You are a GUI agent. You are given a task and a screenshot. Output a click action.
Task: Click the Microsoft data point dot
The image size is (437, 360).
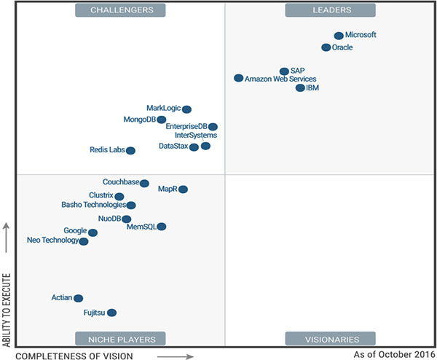coord(339,36)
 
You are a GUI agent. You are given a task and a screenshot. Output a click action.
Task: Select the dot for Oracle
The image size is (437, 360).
coord(326,47)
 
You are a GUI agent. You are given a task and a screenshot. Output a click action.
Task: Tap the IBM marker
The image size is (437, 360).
coord(300,88)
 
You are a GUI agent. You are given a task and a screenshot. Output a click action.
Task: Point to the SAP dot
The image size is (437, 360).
coord(284,71)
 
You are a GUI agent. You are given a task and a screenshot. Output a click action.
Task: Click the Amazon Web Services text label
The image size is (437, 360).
coord(280,79)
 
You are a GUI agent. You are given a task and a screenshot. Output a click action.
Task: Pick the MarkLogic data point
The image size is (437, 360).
coord(186,109)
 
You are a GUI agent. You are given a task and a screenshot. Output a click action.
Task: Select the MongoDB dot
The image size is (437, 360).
coord(162,120)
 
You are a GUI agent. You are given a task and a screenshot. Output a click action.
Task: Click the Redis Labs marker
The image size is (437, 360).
coord(130,151)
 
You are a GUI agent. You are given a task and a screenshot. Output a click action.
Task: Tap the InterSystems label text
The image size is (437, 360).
coord(195,135)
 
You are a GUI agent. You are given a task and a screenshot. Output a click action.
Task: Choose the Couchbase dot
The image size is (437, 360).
coord(144,184)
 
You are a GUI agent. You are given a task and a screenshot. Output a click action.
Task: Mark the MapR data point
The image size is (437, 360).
coord(183,189)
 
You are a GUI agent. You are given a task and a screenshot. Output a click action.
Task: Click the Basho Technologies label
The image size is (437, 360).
coord(94,205)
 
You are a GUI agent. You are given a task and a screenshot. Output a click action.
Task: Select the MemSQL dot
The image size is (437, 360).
coord(162,227)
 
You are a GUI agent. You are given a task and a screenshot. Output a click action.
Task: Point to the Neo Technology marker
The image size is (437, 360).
coord(84,241)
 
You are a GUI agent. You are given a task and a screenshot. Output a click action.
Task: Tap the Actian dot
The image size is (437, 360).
coord(79,298)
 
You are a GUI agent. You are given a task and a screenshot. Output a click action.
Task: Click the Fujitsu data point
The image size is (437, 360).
coord(111,313)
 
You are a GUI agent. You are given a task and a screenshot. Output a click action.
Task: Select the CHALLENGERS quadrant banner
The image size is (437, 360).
coord(121,10)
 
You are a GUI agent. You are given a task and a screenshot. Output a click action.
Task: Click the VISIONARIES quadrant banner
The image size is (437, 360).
coord(331,339)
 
